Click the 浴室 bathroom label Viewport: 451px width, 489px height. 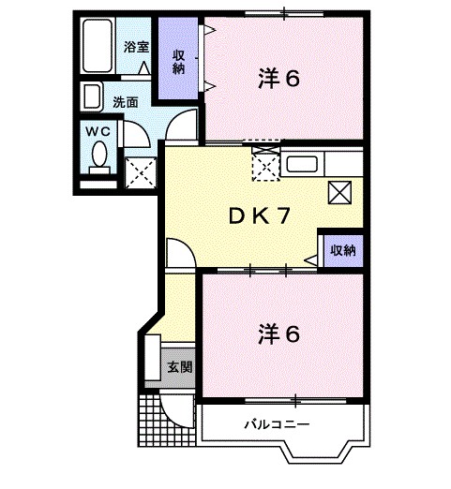point(136,46)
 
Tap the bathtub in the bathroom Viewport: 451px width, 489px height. point(97,45)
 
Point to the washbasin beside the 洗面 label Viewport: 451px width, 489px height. point(93,97)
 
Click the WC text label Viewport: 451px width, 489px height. point(98,132)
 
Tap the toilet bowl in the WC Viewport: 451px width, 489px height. point(98,157)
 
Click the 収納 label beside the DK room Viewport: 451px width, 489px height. point(342,250)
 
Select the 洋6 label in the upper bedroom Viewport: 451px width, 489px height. point(278,80)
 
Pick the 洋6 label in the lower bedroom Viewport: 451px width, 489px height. point(278,333)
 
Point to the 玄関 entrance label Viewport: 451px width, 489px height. point(180,366)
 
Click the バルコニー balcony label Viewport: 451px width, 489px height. point(277,423)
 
